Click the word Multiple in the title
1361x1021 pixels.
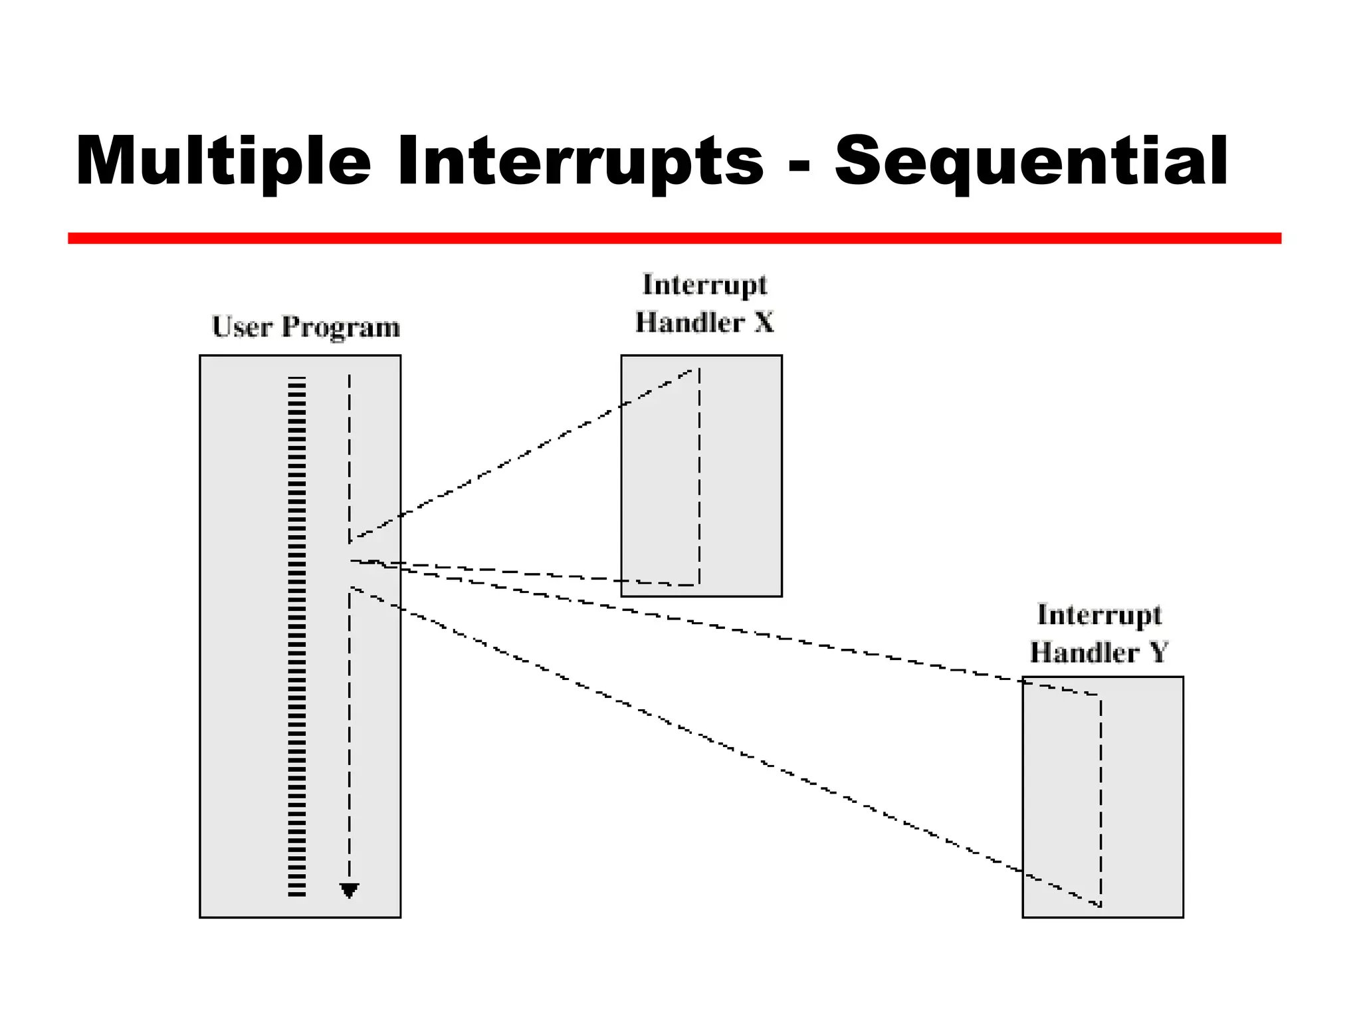[223, 162]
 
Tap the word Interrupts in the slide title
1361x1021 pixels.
[579, 162]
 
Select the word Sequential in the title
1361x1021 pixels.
[1031, 162]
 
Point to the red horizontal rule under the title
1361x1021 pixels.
[674, 238]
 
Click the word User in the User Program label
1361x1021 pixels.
[242, 327]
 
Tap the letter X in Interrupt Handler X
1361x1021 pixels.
[764, 322]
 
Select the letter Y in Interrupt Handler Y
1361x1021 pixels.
[1158, 652]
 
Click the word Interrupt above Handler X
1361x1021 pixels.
[704, 286]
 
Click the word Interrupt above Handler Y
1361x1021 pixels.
[1099, 616]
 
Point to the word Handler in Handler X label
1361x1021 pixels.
[689, 322]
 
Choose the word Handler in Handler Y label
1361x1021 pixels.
[1084, 652]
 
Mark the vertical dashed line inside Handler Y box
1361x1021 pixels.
[1100, 798]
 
